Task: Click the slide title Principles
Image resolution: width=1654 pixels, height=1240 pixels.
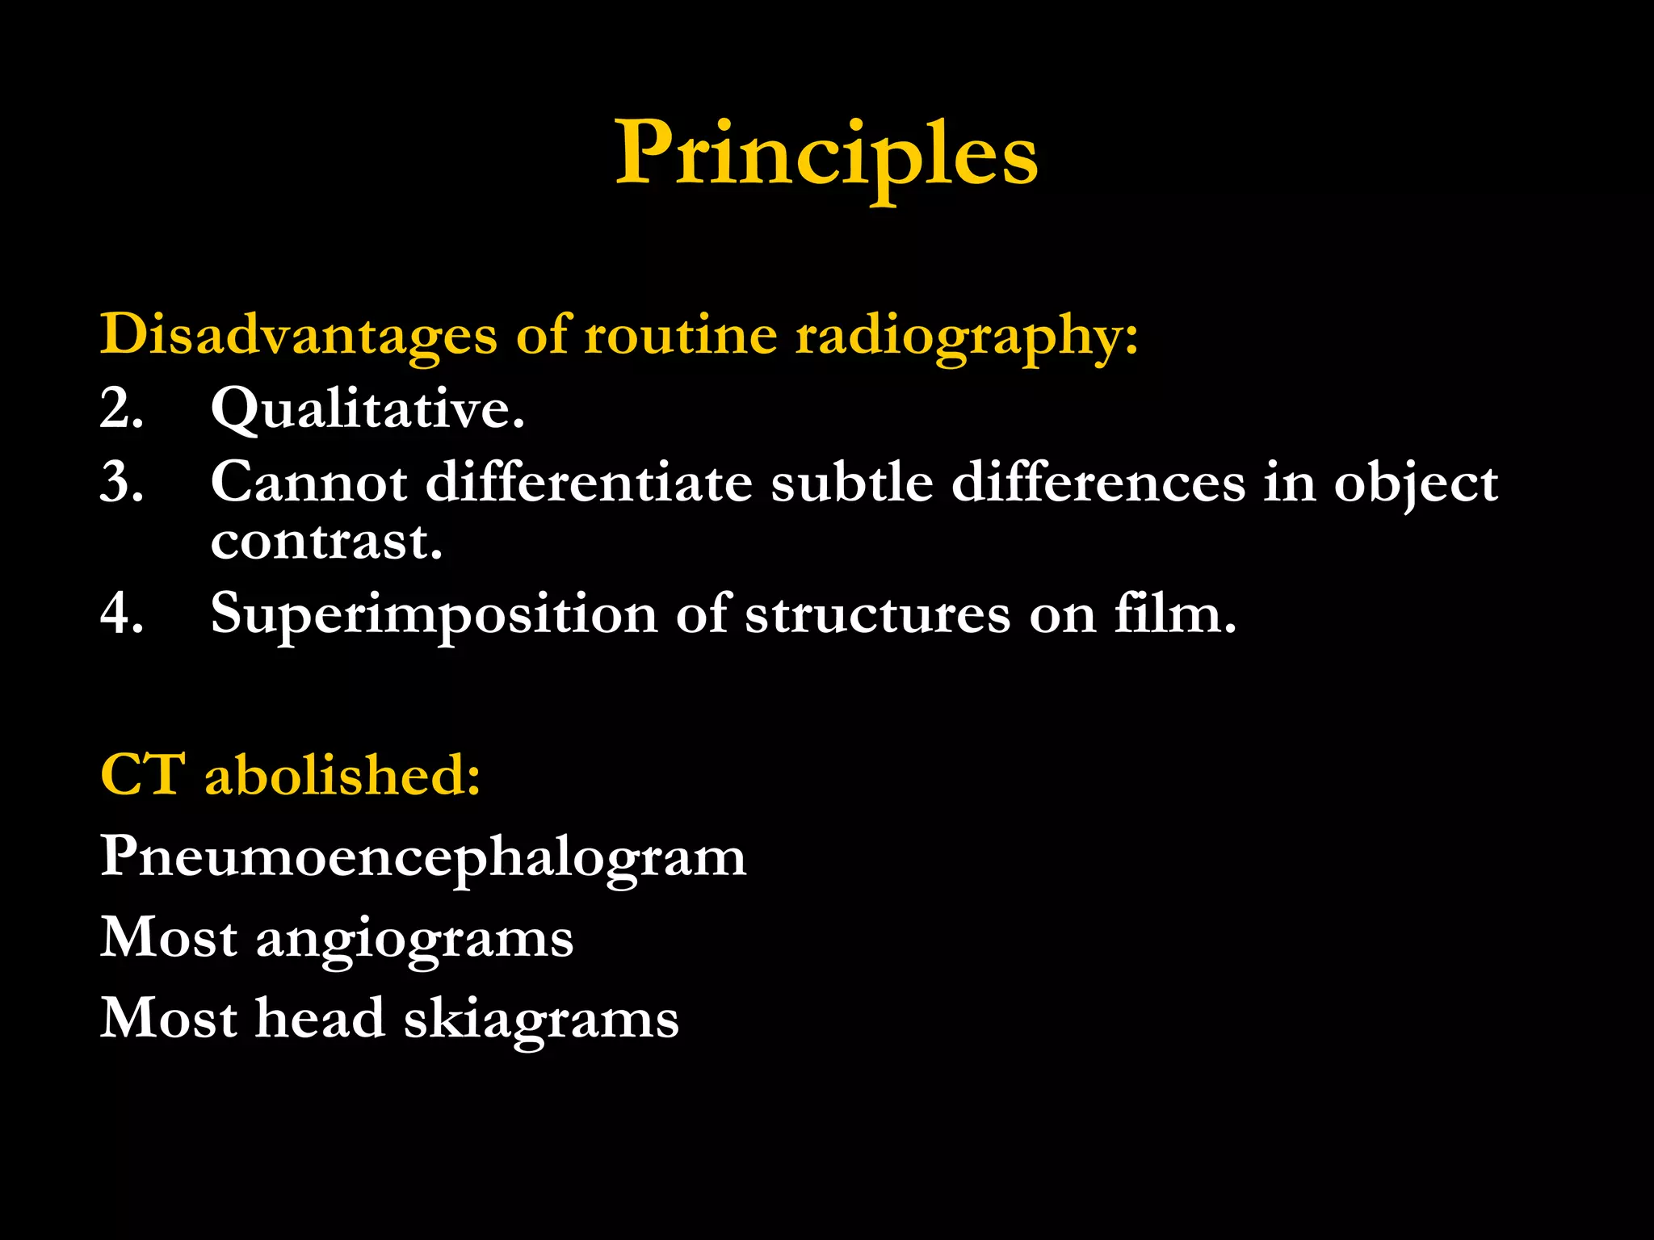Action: point(826,153)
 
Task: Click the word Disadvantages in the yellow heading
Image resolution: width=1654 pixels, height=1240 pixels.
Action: point(298,334)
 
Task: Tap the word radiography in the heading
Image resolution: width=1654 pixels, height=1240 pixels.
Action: point(966,334)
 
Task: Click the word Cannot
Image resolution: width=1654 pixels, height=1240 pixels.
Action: point(309,482)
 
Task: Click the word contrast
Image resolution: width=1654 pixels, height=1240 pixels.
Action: point(326,540)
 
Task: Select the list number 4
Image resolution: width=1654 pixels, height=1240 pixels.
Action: point(121,613)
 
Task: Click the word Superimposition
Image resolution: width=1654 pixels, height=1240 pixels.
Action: point(434,614)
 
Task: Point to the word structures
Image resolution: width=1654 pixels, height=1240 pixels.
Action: point(877,614)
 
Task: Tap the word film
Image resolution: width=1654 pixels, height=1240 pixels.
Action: point(1175,613)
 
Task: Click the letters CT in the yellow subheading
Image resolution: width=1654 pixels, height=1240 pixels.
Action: point(142,774)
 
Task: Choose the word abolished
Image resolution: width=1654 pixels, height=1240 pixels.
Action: point(342,774)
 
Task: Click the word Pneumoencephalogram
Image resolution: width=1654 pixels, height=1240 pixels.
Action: point(423,857)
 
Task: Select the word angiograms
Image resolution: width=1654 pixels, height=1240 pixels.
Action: point(414,939)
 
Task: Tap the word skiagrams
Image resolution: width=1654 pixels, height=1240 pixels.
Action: point(541,1019)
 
